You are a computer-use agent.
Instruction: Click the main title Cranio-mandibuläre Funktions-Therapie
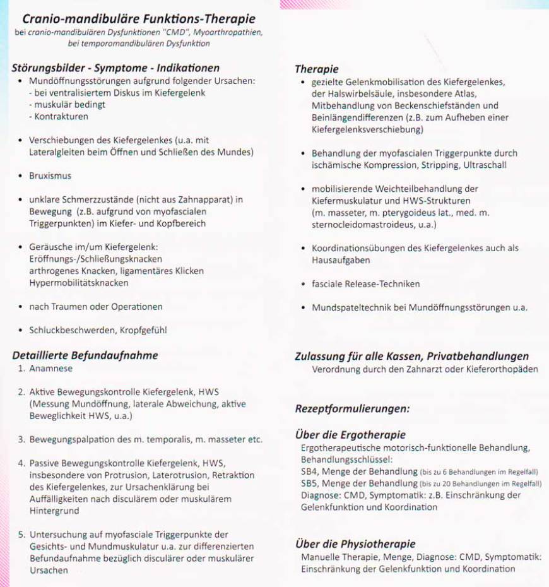pos(138,19)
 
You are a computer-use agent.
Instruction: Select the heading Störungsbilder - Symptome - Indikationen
pos(115,68)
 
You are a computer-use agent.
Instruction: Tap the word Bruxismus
pos(50,176)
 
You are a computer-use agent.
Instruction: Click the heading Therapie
pos(317,69)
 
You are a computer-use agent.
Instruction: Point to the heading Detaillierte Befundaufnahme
pos(85,355)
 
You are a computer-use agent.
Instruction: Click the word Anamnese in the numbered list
pos(50,369)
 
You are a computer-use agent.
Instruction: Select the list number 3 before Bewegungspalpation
pos(21,439)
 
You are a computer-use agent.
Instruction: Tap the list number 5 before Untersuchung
pos(21,535)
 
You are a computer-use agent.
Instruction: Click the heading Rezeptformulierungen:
pos(352,408)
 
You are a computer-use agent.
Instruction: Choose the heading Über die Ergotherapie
pos(350,435)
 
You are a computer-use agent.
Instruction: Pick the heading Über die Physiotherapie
pos(355,544)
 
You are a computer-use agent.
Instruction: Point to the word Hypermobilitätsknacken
pos(78,283)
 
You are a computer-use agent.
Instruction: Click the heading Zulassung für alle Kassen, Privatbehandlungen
pos(411,357)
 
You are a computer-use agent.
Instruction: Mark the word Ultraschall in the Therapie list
pos(484,165)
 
